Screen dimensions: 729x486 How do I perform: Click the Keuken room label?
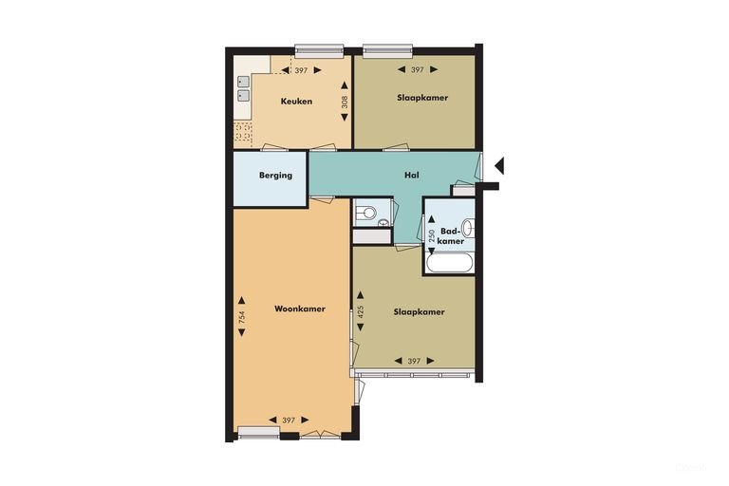pyautogui.click(x=296, y=101)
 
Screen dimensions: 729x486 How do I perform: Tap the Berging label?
pyautogui.click(x=275, y=176)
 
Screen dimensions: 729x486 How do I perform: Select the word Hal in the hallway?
pyautogui.click(x=412, y=175)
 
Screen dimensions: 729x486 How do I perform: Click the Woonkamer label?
pyautogui.click(x=300, y=308)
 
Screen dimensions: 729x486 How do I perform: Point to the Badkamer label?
pyautogui.click(x=452, y=235)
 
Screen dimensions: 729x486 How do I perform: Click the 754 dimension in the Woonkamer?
pyautogui.click(x=242, y=317)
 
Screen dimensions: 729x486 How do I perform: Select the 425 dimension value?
pyautogui.click(x=361, y=311)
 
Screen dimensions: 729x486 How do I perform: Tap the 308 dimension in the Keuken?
pyautogui.click(x=345, y=102)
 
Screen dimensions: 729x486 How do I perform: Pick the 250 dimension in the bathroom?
pyautogui.click(x=432, y=235)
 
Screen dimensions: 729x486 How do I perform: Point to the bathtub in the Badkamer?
pyautogui.click(x=450, y=263)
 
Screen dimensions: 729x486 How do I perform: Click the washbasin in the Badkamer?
pyautogui.click(x=468, y=229)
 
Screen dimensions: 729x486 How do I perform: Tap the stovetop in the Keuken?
pyautogui.click(x=243, y=132)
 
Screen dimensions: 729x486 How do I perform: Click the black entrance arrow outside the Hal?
pyautogui.click(x=499, y=165)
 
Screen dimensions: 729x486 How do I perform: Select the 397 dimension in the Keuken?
pyautogui.click(x=301, y=70)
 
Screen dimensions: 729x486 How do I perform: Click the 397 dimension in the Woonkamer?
pyautogui.click(x=289, y=421)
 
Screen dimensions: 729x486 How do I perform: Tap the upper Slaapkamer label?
pyautogui.click(x=422, y=98)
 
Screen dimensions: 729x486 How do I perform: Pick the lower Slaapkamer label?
pyautogui.click(x=419, y=312)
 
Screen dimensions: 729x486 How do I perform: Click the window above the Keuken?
pyautogui.click(x=319, y=50)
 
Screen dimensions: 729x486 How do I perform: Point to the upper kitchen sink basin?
pyautogui.click(x=244, y=82)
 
